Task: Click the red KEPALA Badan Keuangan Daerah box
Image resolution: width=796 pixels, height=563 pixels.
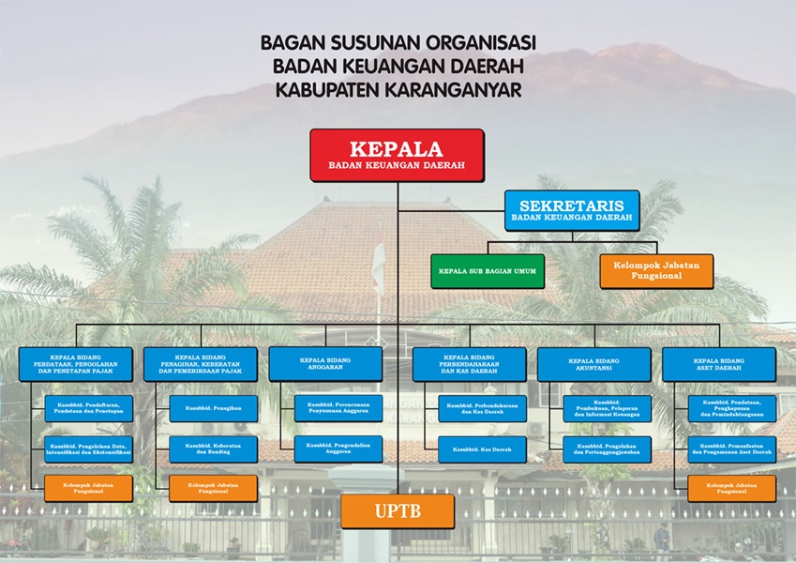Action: (397, 155)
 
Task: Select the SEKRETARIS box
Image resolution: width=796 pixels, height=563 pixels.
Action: (572, 210)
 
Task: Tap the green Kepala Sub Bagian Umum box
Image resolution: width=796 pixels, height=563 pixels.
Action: (488, 271)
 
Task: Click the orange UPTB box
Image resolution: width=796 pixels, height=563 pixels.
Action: (398, 511)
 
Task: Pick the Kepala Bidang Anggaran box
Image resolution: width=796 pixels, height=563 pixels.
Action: (325, 363)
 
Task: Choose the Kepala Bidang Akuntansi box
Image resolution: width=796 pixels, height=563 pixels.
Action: (594, 364)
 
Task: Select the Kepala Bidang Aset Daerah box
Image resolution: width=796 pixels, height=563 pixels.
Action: (719, 364)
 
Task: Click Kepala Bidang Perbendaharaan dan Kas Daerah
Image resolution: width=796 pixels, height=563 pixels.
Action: (469, 364)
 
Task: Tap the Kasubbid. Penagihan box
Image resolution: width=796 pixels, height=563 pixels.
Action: (213, 408)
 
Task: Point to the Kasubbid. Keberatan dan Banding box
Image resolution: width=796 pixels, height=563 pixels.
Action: (213, 449)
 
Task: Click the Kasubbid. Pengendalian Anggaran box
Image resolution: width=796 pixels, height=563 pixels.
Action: (338, 449)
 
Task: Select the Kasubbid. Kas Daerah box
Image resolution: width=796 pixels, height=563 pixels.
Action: (482, 449)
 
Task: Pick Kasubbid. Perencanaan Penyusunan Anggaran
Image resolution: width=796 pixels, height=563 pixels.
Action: (338, 408)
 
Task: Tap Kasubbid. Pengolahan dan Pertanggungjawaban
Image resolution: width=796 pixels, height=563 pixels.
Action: (607, 449)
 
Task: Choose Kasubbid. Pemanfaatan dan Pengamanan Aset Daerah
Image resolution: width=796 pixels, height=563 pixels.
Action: (732, 449)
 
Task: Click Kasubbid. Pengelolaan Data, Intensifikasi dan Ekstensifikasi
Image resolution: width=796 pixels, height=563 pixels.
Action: (88, 449)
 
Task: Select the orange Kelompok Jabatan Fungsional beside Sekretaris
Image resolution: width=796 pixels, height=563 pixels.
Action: (656, 271)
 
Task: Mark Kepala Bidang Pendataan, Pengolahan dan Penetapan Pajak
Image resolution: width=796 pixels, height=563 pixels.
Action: (75, 364)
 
